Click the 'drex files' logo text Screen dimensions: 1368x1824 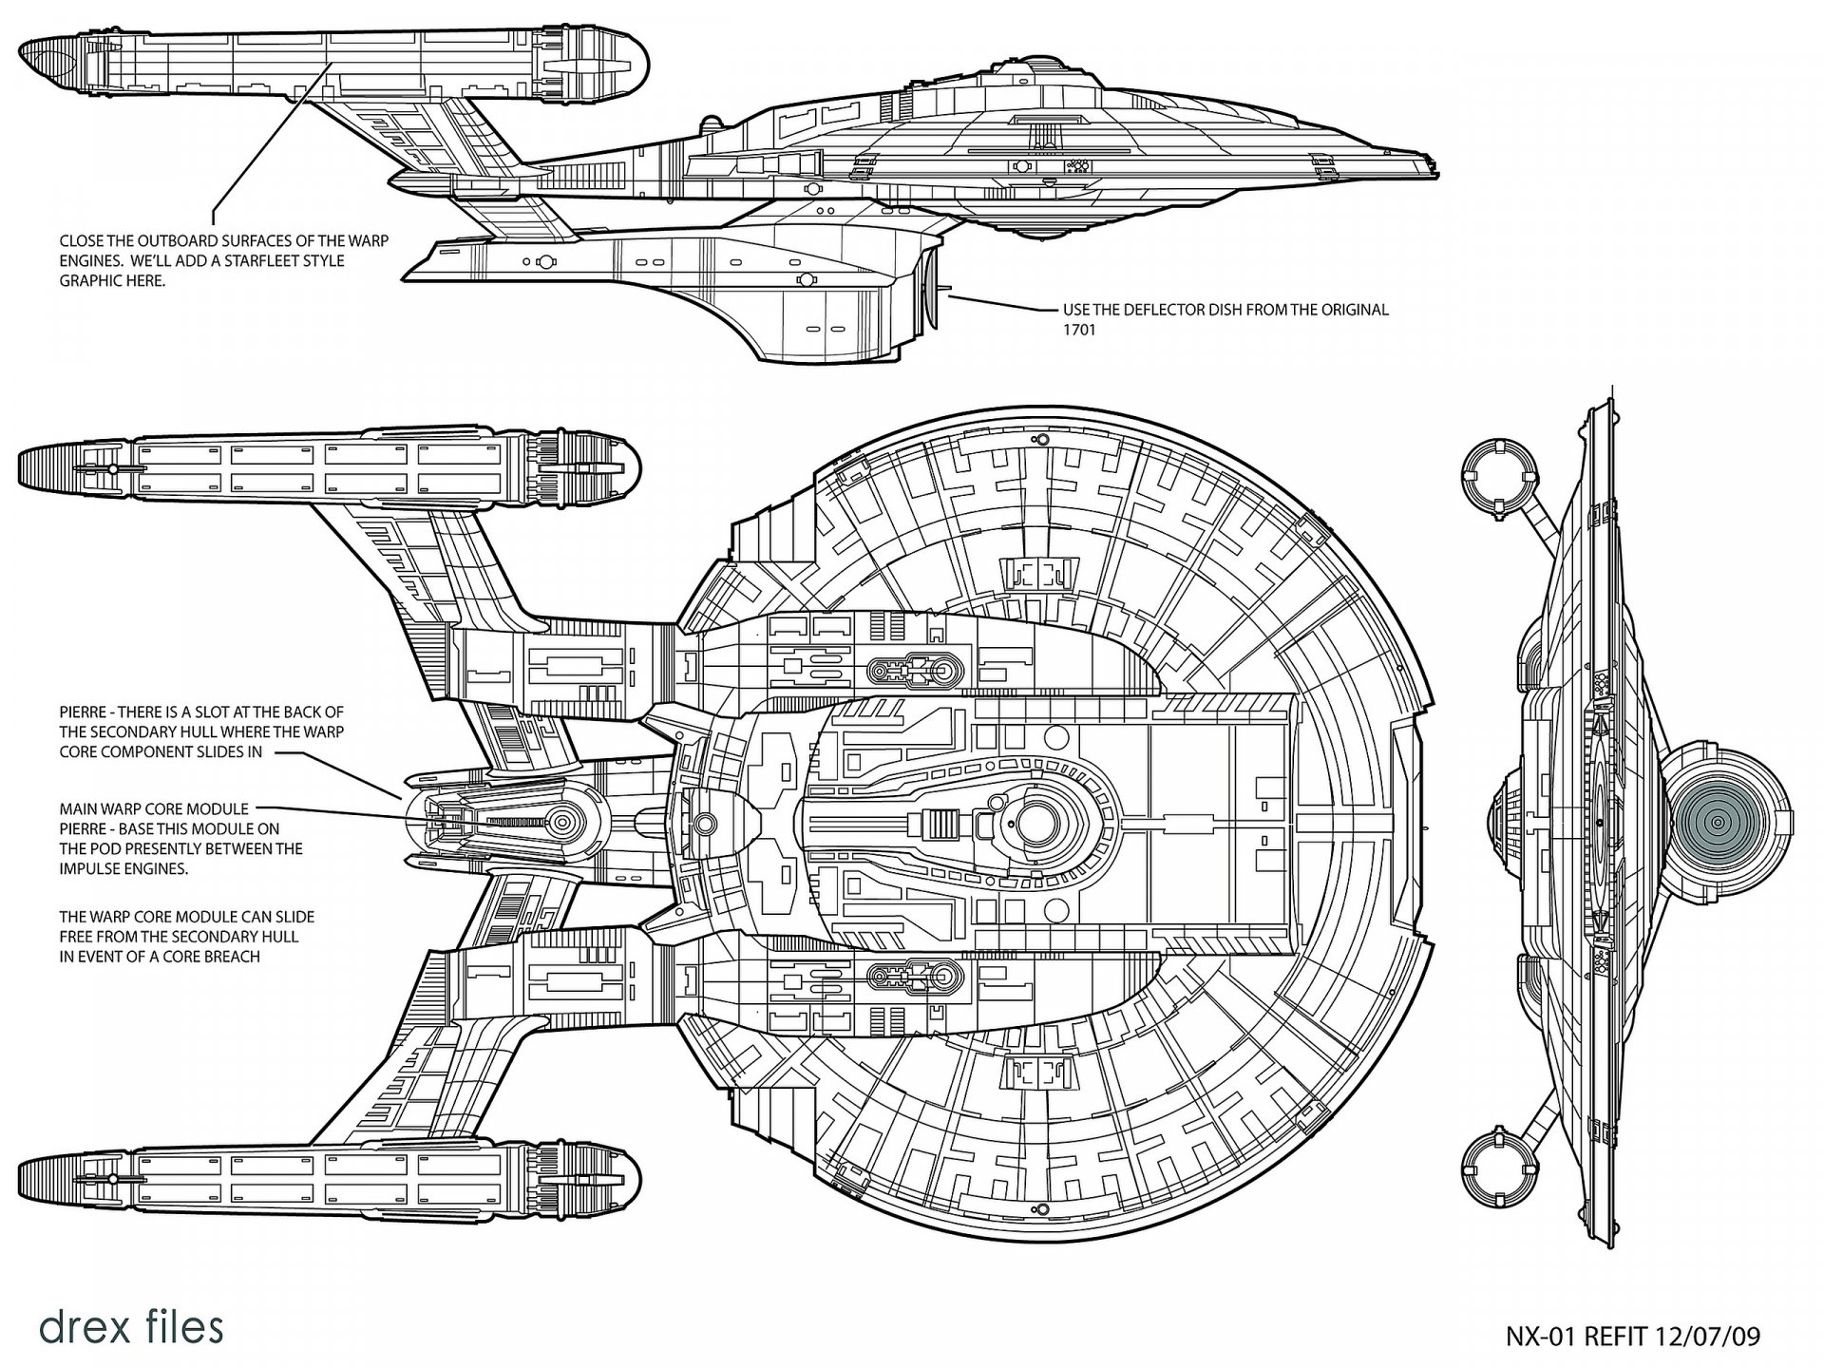click(131, 1326)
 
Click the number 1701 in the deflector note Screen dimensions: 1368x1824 click(1078, 330)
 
